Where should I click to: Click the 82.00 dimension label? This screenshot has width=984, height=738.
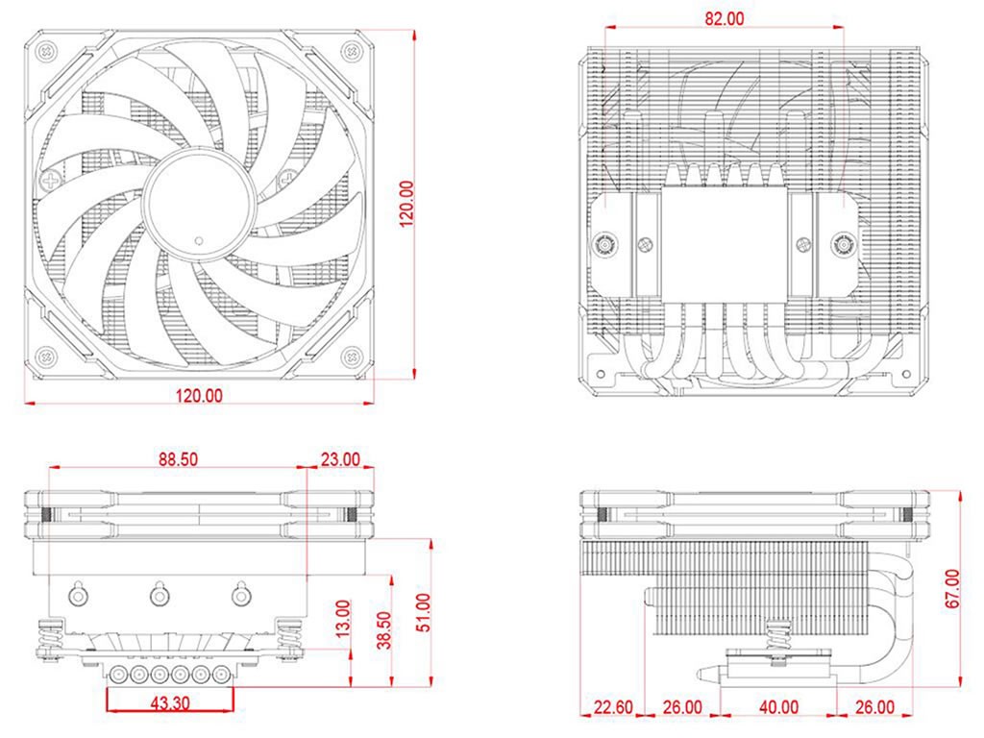(x=724, y=18)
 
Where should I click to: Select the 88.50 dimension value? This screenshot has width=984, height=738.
(x=178, y=460)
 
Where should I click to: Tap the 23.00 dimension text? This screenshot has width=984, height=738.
(x=340, y=460)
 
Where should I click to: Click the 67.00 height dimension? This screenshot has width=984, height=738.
(x=951, y=589)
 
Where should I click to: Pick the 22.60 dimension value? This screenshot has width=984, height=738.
(x=613, y=708)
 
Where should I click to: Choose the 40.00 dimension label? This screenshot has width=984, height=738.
(x=778, y=708)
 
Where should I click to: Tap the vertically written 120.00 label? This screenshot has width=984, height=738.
(x=406, y=203)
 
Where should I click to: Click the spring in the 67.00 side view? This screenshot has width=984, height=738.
(x=777, y=634)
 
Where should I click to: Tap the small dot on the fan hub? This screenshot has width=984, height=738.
(x=198, y=239)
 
